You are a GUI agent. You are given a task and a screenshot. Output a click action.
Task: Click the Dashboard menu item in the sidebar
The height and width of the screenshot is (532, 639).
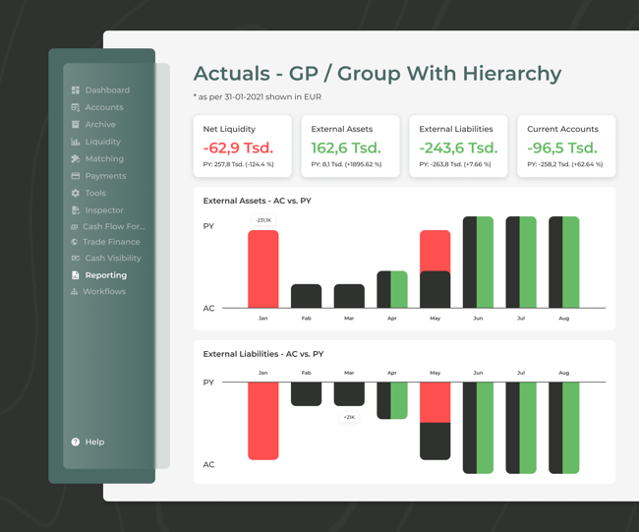point(106,90)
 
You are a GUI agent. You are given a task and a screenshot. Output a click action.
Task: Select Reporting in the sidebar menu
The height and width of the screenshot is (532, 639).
point(105,275)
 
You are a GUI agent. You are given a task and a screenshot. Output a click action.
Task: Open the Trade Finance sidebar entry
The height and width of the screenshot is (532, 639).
point(110,242)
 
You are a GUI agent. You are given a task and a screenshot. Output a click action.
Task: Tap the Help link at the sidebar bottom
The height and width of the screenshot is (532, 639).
point(93,443)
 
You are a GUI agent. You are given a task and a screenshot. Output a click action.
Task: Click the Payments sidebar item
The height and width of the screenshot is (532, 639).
point(105,176)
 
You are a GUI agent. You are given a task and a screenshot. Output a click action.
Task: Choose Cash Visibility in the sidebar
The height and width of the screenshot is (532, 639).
point(112,259)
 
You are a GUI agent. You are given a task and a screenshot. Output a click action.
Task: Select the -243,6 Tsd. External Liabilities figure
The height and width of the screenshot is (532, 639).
point(458,148)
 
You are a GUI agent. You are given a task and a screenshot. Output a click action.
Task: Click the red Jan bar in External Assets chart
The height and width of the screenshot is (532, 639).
point(262,268)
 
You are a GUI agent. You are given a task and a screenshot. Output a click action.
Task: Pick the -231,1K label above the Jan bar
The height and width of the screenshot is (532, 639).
point(262,220)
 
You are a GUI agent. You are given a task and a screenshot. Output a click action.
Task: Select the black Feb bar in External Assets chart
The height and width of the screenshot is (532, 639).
point(306,296)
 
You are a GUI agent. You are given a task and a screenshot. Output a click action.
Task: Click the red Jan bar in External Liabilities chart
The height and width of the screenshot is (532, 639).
point(262,420)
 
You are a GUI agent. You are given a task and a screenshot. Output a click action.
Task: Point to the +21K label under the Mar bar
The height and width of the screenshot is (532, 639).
point(349,418)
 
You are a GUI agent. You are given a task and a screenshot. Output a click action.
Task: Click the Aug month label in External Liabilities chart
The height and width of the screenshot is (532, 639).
point(563,374)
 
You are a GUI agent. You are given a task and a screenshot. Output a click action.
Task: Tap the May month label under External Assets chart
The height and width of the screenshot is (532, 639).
point(435,319)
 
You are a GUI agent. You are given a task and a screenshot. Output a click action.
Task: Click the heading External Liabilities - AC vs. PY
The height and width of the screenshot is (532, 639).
point(262,354)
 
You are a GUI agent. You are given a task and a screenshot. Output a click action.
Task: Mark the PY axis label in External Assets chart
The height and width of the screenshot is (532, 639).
point(208,227)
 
